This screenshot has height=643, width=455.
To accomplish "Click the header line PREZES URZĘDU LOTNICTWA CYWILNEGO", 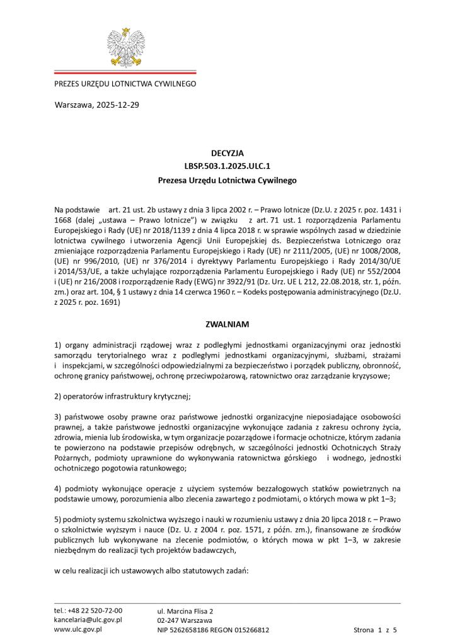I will click(x=125, y=84).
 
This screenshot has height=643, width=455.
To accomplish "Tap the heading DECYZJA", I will click(x=227, y=152).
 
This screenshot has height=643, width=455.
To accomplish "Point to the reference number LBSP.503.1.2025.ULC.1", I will click(x=227, y=166).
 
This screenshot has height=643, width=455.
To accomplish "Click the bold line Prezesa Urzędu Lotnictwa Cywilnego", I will click(x=227, y=180).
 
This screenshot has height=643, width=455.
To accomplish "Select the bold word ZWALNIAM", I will click(x=227, y=324).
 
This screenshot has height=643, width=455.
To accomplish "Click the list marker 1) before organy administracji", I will click(x=58, y=345).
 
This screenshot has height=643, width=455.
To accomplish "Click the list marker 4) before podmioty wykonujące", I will click(x=58, y=488).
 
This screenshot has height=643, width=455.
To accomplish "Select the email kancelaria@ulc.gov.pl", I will click(x=88, y=620).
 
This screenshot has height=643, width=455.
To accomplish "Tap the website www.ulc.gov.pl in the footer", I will click(x=78, y=629).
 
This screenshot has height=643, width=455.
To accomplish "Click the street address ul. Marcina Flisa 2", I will click(x=185, y=611).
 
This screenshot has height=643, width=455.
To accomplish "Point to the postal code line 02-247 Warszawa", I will click(x=185, y=620).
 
